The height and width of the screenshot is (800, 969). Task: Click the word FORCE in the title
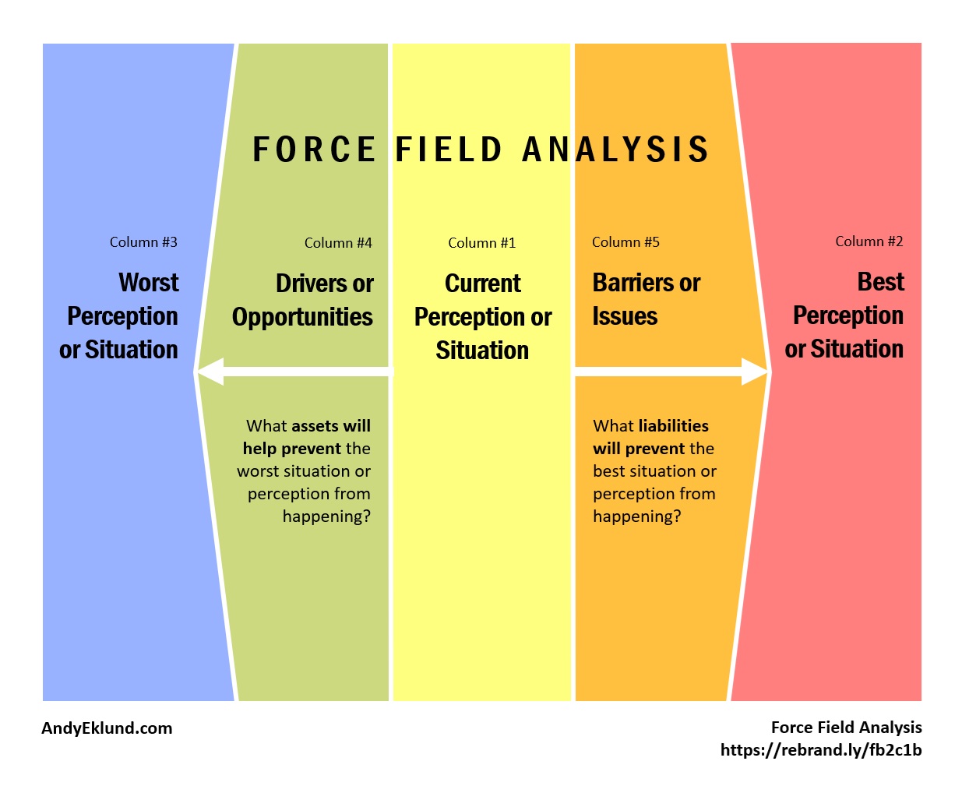coord(314,149)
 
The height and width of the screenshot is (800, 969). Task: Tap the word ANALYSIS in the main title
coord(615,149)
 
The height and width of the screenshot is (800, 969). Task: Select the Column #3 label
coord(143,242)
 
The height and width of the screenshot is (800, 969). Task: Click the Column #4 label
coord(338,243)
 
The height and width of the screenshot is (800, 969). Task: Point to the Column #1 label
coord(481,243)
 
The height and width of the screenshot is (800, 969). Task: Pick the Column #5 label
coord(625,242)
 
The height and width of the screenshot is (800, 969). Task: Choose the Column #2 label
coord(869,241)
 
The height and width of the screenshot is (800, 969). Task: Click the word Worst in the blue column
coord(149,282)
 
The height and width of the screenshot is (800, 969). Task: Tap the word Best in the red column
coord(880,281)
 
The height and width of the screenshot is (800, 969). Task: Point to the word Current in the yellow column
coord(482,283)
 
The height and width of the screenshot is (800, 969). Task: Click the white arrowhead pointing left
coord(211,372)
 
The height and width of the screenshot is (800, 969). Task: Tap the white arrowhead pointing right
coord(754,372)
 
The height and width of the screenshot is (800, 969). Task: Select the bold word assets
coord(314,426)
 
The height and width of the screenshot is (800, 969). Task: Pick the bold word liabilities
coord(673,426)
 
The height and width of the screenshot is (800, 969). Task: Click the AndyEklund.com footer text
coord(107,728)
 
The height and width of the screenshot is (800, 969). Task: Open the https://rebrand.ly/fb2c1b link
coord(821,750)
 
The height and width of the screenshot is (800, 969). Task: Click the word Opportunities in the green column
coord(302,317)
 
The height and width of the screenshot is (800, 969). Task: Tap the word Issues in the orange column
coord(625,316)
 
